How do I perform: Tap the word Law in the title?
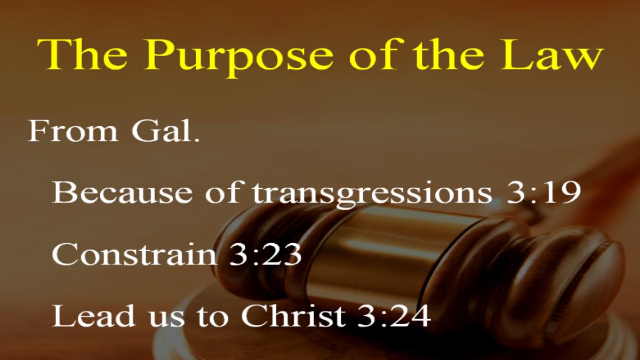(551, 54)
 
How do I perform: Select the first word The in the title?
(82, 54)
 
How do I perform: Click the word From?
(73, 131)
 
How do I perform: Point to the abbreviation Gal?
(165, 131)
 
